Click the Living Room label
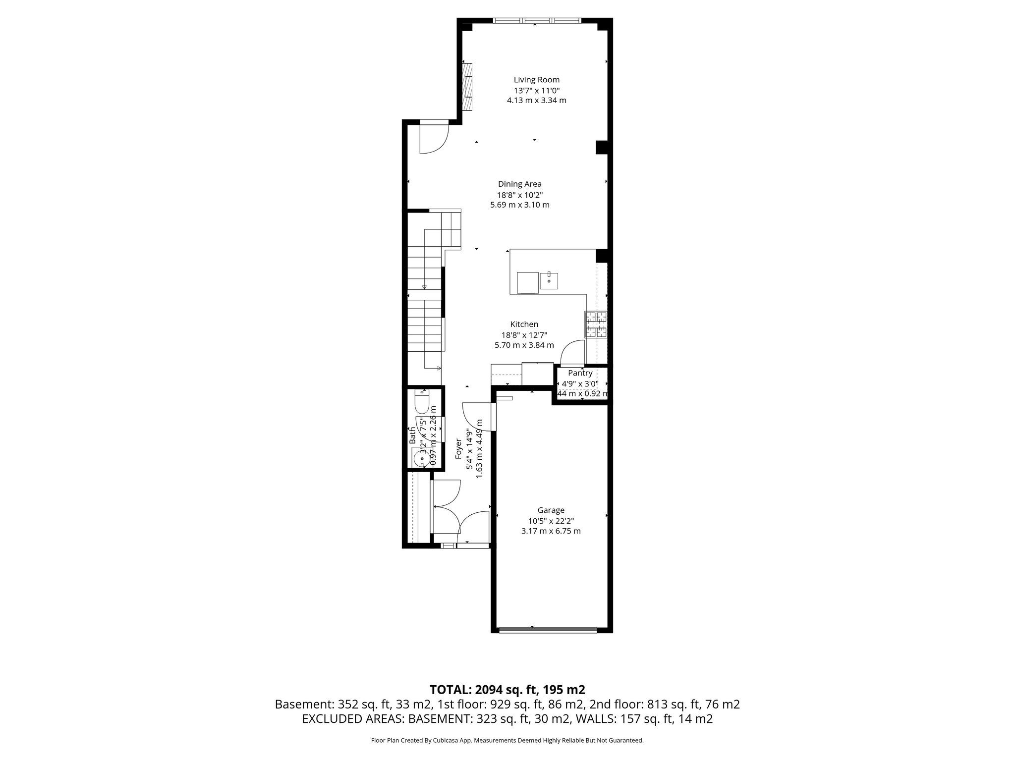tap(536, 80)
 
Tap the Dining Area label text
tap(519, 184)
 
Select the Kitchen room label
tap(524, 325)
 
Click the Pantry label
tap(580, 373)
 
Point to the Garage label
tap(551, 510)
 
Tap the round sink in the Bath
tap(421, 459)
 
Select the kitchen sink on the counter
tap(549, 280)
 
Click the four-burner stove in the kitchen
tap(596, 325)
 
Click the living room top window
tap(537, 21)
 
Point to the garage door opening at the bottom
tap(552, 630)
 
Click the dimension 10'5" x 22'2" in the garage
tap(551, 521)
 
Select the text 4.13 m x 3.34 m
tap(536, 101)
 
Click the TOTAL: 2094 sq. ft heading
tap(507, 690)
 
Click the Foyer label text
tap(459, 448)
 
